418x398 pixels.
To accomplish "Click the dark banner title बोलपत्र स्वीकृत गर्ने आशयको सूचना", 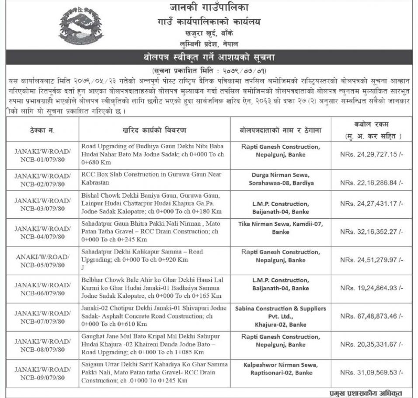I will (209, 57).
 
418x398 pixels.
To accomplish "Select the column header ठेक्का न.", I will (42, 130).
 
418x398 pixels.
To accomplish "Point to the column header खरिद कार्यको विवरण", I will (155, 130).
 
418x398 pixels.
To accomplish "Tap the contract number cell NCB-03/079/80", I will (43, 204).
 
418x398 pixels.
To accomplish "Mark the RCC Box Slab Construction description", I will (151, 178).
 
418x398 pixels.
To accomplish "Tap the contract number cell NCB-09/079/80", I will (43, 373).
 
